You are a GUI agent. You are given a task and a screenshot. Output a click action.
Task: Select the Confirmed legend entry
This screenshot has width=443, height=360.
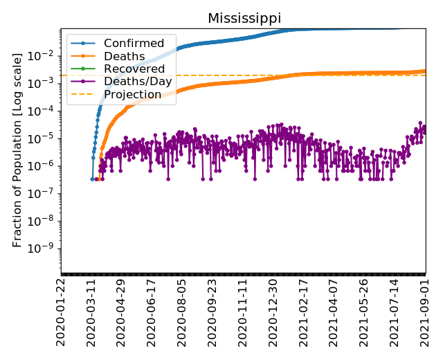134,44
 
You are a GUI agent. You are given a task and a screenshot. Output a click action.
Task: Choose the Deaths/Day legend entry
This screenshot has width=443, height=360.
137,82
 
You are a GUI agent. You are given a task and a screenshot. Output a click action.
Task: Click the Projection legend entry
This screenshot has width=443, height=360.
132,94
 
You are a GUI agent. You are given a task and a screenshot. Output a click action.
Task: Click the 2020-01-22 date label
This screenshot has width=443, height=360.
62,311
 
